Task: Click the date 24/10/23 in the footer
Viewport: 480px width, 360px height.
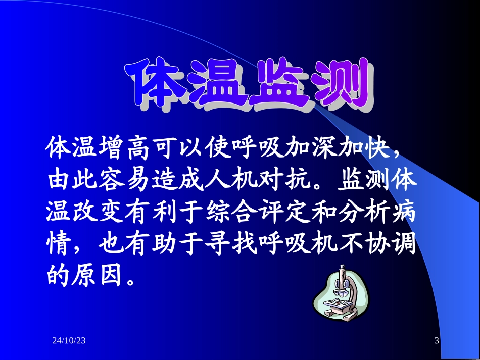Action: tap(69, 341)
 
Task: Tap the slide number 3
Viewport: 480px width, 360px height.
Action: tap(436, 341)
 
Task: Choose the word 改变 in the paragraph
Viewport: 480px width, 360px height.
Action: tap(96, 213)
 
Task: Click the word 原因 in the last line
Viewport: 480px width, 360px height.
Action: tap(96, 276)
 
